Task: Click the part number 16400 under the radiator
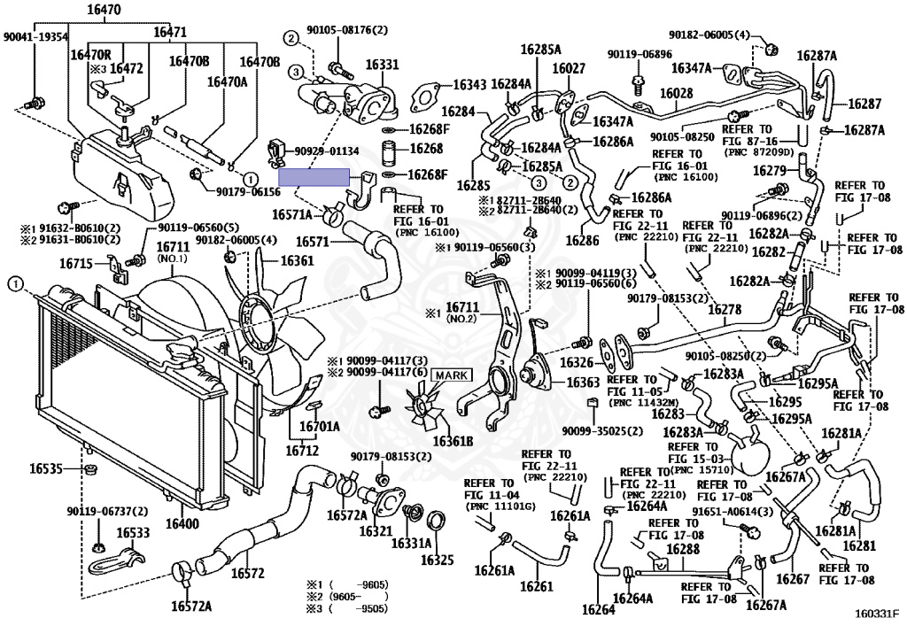click(182, 524)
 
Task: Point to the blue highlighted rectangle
click(314, 178)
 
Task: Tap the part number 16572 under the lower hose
click(248, 573)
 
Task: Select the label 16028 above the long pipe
click(676, 93)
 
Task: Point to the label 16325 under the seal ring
click(437, 560)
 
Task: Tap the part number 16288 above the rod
click(682, 550)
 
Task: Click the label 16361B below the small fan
click(453, 442)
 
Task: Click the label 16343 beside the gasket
click(469, 85)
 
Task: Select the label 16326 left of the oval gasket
click(576, 362)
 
